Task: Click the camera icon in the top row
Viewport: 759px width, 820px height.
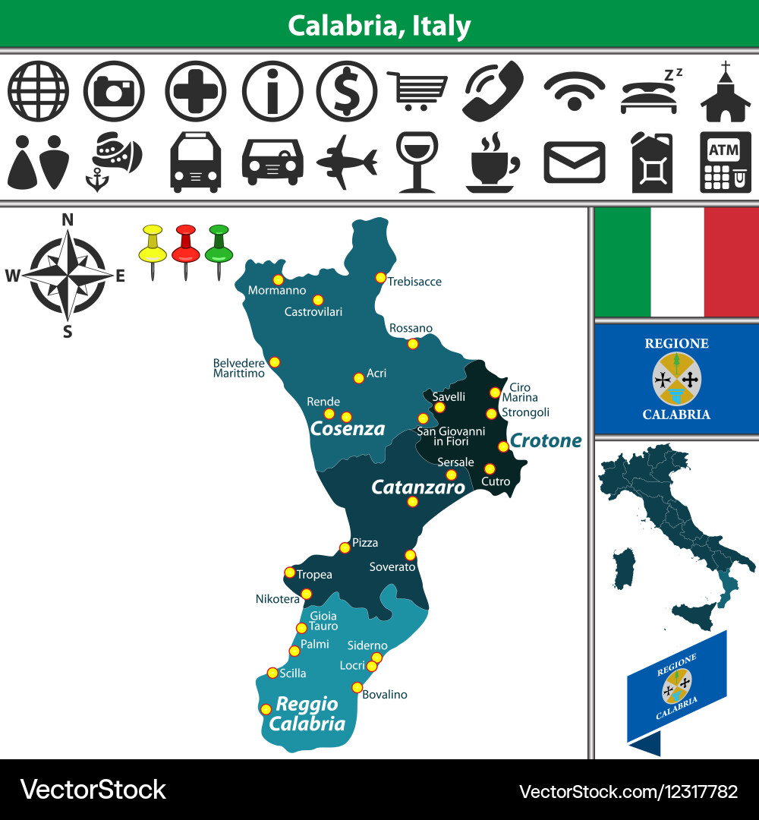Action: [x=114, y=91]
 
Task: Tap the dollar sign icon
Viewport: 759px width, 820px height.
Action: [x=346, y=91]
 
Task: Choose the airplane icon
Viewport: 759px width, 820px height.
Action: [x=347, y=161]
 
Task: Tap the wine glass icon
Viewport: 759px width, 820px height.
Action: [x=417, y=161]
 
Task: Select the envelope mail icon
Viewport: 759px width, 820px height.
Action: [x=575, y=162]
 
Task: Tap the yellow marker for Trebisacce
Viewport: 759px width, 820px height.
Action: [x=380, y=278]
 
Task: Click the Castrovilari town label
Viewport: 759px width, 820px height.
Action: [x=313, y=311]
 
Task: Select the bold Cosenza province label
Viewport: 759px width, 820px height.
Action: [x=348, y=429]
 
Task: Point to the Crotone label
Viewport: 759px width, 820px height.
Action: [x=546, y=440]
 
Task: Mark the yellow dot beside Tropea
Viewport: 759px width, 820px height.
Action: [x=289, y=572]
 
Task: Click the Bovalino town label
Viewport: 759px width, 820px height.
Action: [x=385, y=695]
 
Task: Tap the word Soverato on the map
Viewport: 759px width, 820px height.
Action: [x=392, y=566]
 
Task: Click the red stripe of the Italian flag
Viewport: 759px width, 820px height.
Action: [x=731, y=261]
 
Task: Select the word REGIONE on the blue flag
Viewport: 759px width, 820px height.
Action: [x=676, y=343]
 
